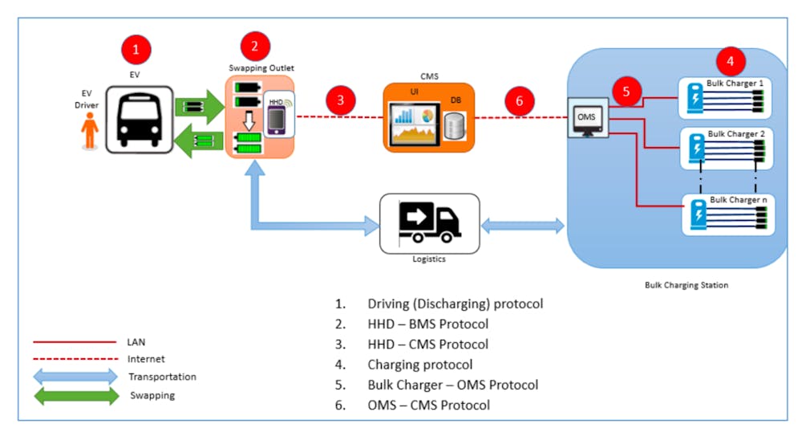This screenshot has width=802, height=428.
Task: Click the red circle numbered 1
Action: (x=136, y=49)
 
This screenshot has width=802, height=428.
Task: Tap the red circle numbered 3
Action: (x=341, y=100)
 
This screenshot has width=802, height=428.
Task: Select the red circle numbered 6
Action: (x=520, y=100)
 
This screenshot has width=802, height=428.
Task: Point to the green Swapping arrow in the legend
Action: (x=79, y=395)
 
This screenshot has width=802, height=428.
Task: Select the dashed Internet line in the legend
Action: (x=73, y=359)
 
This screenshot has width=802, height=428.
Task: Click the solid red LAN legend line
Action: (x=73, y=341)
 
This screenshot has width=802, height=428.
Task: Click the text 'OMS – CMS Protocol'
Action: (x=429, y=405)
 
